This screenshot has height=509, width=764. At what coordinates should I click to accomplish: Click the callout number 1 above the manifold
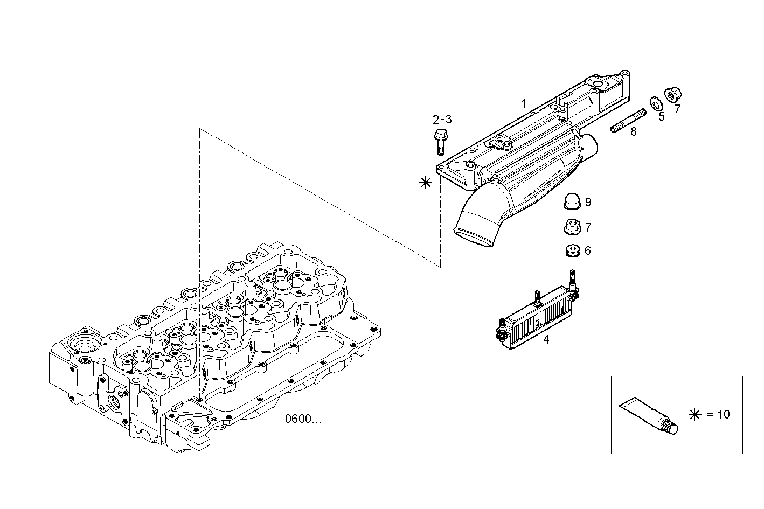523,103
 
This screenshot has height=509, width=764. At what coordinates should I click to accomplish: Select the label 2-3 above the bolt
442,119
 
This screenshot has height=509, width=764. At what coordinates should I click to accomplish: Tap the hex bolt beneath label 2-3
440,140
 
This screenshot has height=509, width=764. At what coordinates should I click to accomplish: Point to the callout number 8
633,131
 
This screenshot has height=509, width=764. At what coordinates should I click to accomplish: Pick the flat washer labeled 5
656,101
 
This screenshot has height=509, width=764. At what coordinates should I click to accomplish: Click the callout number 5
661,116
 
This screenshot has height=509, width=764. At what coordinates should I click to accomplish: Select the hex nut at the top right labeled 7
671,95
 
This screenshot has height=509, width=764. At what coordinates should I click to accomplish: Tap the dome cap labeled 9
571,201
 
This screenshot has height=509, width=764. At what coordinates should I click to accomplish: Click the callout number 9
588,203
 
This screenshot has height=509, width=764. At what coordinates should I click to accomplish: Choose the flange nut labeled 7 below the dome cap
571,227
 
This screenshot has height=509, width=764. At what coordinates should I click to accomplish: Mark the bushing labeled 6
571,250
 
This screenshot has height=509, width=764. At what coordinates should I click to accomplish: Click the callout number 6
587,251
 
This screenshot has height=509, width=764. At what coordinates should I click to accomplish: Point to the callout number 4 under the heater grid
546,340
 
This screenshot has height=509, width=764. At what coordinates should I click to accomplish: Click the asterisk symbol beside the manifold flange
426,182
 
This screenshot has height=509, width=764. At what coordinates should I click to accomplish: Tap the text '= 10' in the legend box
718,414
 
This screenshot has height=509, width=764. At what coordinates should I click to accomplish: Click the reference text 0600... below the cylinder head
303,419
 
